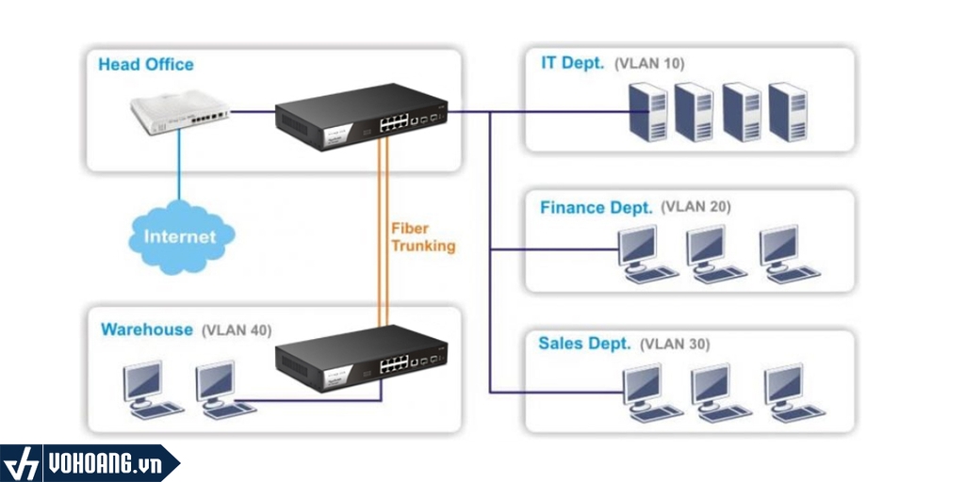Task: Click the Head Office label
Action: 146,65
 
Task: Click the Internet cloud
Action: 179,236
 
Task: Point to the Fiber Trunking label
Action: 423,237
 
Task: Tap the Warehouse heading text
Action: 147,329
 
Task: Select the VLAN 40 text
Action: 237,330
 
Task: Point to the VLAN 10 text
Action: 649,64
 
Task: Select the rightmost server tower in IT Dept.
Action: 788,112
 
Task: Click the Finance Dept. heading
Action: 596,207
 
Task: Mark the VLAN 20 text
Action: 695,207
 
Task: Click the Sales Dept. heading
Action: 584,344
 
